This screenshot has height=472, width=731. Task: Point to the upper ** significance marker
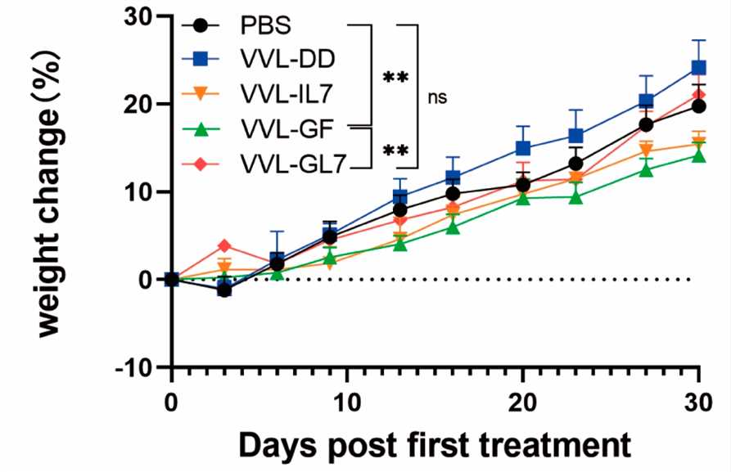click(x=397, y=79)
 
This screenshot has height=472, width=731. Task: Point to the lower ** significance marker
click(x=397, y=151)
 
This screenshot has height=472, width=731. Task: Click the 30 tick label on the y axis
click(x=140, y=16)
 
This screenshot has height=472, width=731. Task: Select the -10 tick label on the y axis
click(x=134, y=367)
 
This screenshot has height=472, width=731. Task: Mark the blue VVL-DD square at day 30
click(x=698, y=68)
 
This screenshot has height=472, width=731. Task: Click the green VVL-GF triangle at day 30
click(x=698, y=155)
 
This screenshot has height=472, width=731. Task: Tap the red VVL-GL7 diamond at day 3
click(x=224, y=245)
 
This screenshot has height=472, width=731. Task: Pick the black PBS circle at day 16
click(x=453, y=194)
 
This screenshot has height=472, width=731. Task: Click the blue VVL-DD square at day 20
click(x=523, y=148)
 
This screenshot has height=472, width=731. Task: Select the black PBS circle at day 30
click(x=698, y=106)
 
